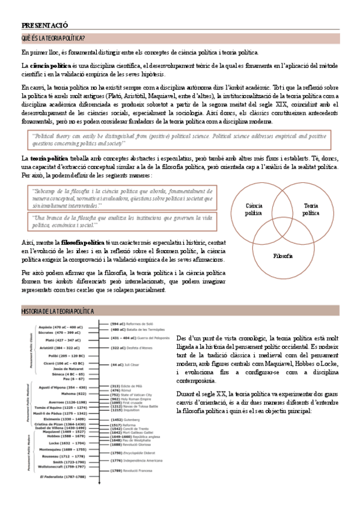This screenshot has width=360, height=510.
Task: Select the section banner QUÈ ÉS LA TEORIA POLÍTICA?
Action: pos(53,38)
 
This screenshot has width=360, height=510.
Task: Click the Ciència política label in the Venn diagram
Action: pos(254,209)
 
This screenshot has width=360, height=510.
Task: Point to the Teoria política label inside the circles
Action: pos(311,209)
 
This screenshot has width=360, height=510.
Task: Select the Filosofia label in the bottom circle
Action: pos(282,256)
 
